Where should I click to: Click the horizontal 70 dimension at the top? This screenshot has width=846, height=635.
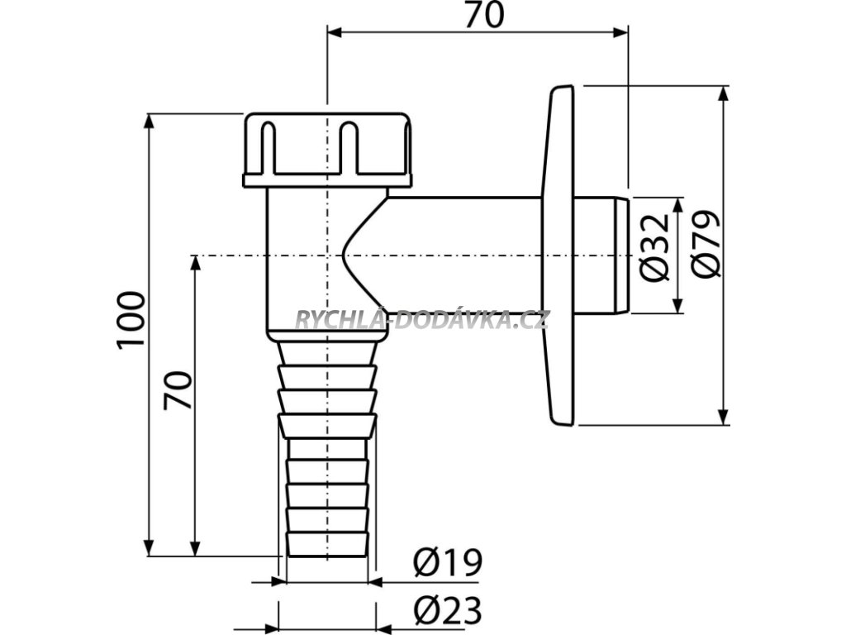point(483,15)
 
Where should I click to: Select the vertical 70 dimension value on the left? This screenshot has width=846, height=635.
point(178,389)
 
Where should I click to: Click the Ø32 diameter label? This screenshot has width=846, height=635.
point(655,247)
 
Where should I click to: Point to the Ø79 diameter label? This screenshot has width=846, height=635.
point(706,243)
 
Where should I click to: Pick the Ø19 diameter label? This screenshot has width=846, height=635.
point(447,564)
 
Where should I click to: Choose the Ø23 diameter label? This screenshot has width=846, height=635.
point(447,613)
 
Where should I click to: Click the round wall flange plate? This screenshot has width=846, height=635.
point(559,255)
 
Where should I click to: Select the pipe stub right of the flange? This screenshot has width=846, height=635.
point(601,255)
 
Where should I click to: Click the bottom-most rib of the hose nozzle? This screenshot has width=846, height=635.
point(327,545)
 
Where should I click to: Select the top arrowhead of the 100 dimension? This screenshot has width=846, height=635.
point(150,121)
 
